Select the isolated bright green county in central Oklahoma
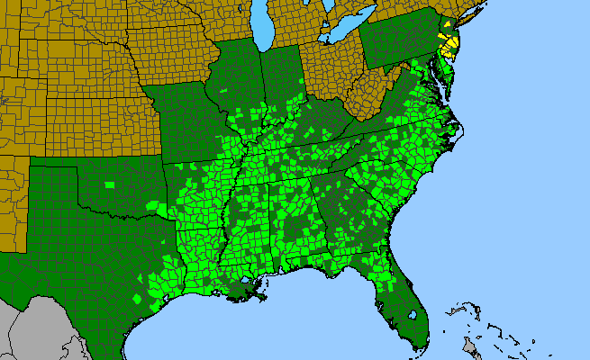[x=110, y=185]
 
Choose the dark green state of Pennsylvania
[x=396, y=40]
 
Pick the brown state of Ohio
[x=329, y=72]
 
